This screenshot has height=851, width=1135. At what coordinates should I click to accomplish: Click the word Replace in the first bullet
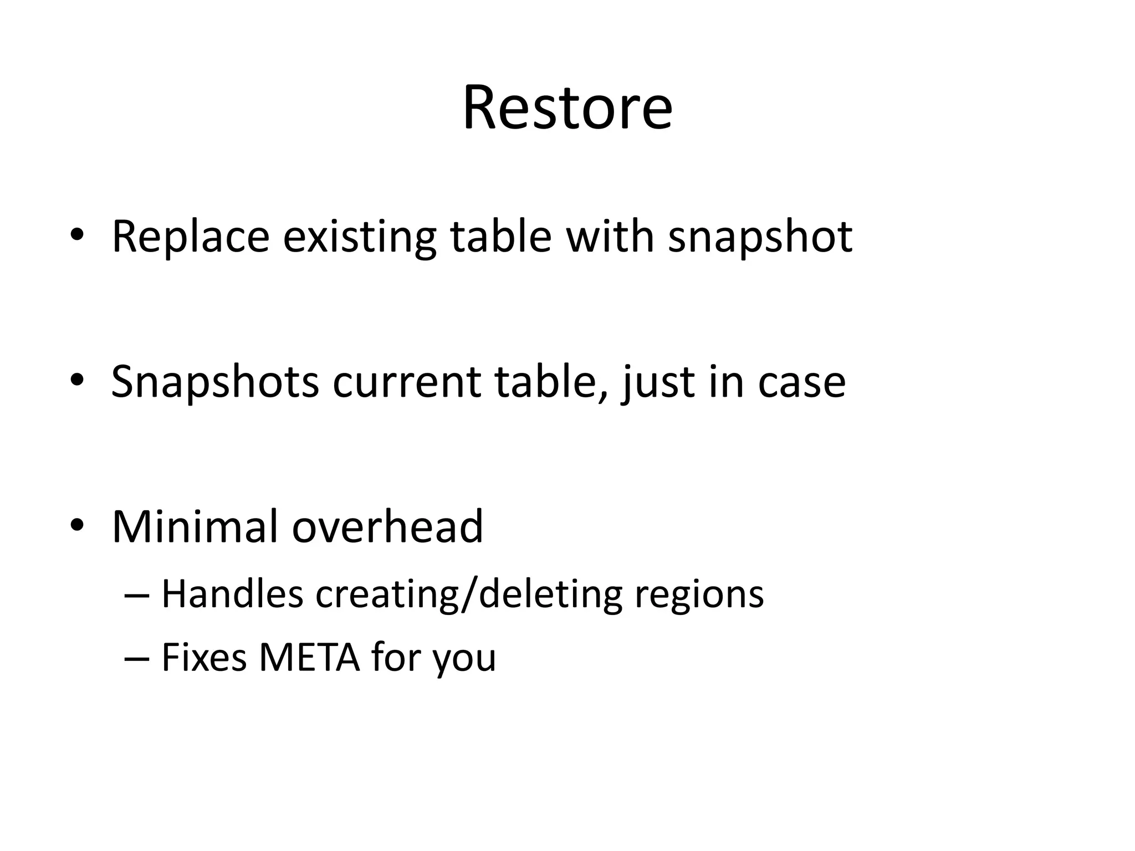tap(191, 237)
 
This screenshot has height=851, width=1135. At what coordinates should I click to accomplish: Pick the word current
tap(406, 382)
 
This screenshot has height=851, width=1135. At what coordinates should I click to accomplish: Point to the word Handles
tap(232, 594)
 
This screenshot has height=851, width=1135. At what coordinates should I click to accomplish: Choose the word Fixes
tap(204, 658)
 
